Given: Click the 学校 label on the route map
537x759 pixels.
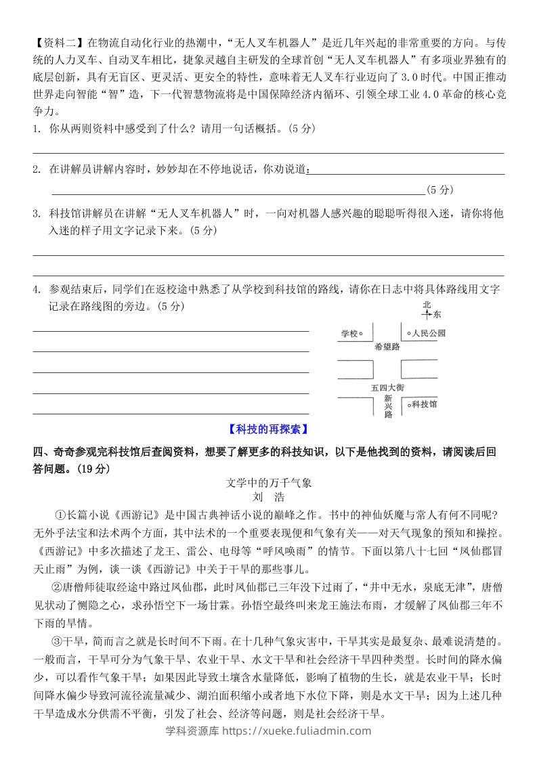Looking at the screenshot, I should point(348,333).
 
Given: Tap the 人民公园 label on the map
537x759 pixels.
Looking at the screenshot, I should point(430,333).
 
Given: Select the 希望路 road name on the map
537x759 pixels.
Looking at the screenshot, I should point(387,346).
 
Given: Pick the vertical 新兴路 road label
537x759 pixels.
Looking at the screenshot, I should point(388,406).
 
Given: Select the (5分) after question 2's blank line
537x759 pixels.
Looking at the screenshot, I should point(441,190).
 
